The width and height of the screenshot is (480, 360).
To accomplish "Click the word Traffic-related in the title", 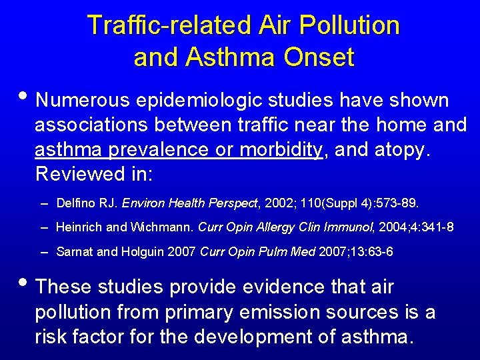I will point(171,25).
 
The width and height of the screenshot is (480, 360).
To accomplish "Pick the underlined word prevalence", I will point(155,150).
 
